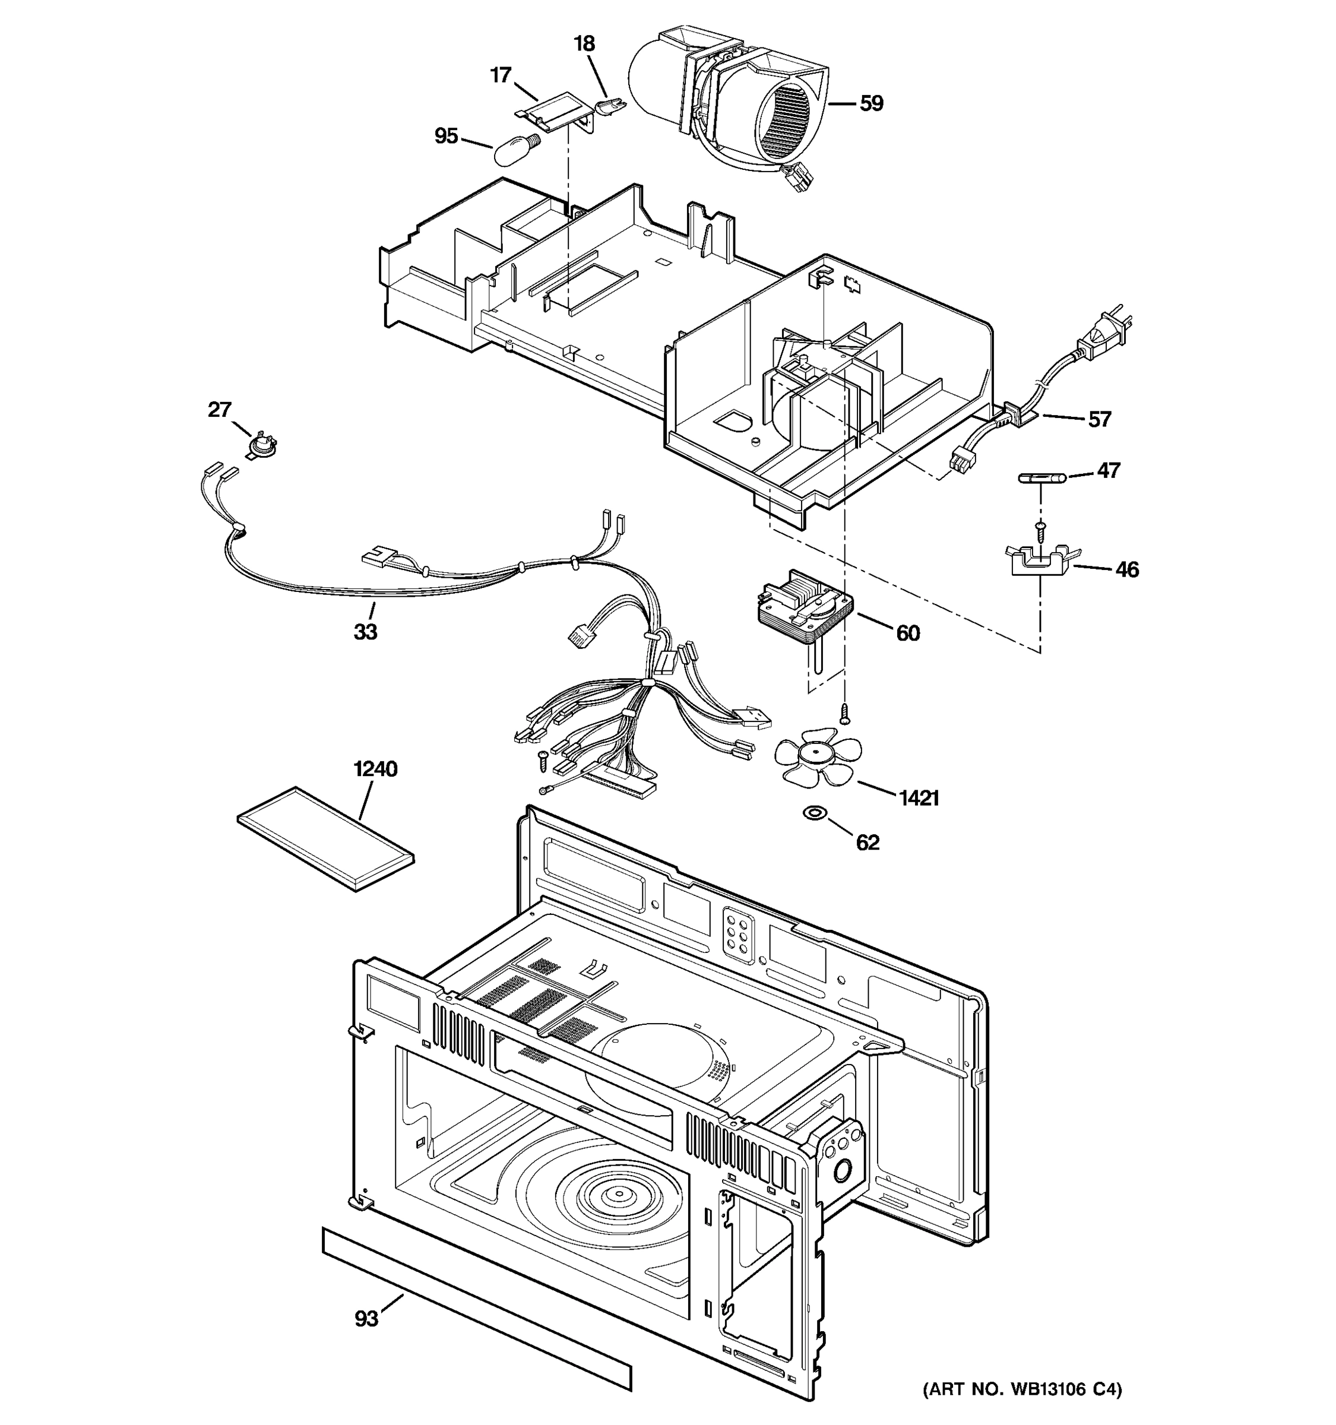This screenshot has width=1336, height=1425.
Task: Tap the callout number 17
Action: pyautogui.click(x=501, y=75)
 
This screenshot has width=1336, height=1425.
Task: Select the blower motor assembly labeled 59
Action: pyautogui.click(x=745, y=107)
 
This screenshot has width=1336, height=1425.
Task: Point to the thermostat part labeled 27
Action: pyautogui.click(x=262, y=446)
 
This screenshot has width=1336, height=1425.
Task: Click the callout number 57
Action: pyautogui.click(x=1100, y=419)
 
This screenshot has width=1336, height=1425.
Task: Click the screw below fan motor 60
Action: pyautogui.click(x=844, y=712)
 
